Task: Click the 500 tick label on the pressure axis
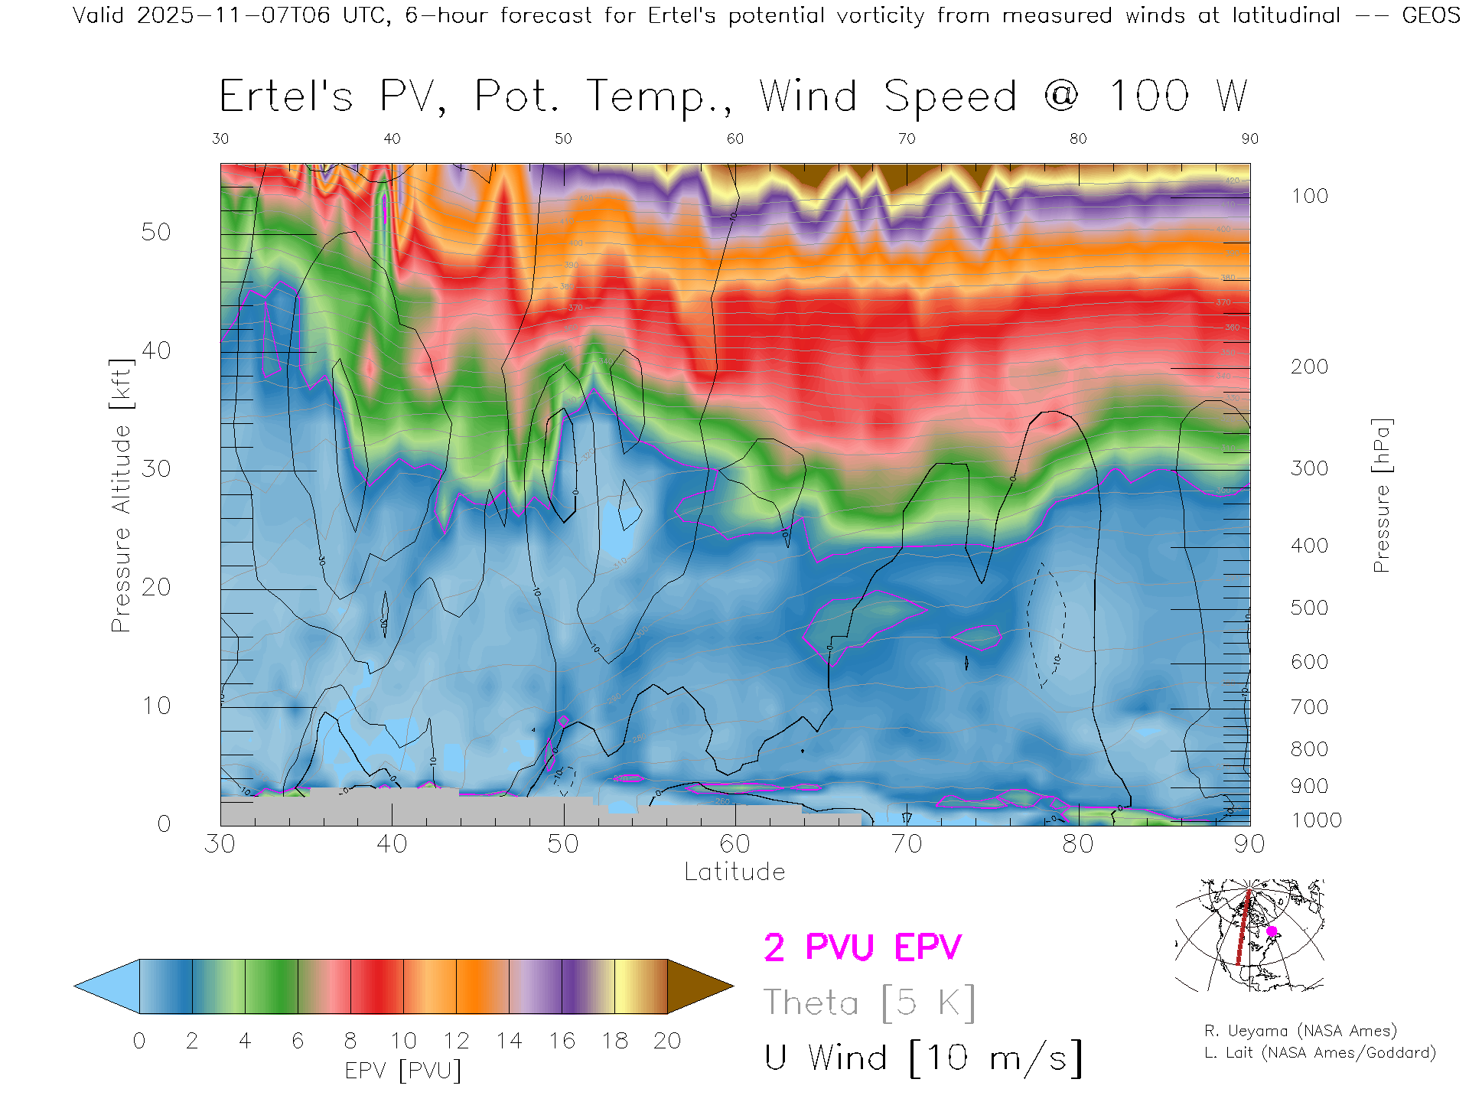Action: (x=1309, y=608)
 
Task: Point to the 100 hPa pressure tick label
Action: (x=1309, y=196)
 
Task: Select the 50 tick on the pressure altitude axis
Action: (x=155, y=232)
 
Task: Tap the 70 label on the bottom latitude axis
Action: (x=906, y=843)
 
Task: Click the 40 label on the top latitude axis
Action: (x=392, y=139)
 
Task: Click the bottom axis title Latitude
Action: (x=734, y=872)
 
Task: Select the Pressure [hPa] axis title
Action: (x=1381, y=495)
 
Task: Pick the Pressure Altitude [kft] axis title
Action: (x=121, y=495)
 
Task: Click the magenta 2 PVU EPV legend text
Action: (x=862, y=947)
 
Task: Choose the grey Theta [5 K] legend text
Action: (x=869, y=1003)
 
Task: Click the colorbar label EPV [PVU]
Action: (x=403, y=1071)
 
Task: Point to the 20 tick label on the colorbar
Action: (x=667, y=1041)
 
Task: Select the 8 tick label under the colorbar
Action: (x=350, y=1041)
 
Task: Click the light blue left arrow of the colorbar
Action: (x=107, y=986)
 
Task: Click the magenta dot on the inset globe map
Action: (x=1272, y=931)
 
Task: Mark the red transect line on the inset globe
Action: (x=1243, y=930)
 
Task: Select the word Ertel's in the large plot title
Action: (x=286, y=97)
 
